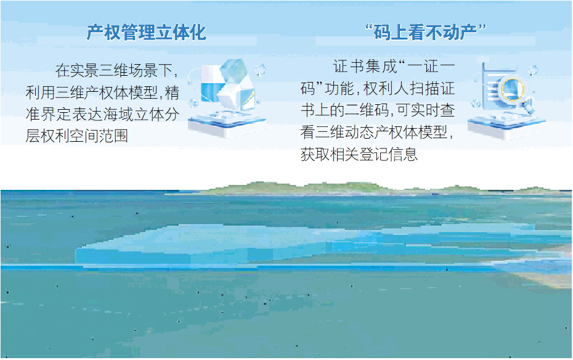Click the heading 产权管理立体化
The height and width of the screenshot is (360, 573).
click(146, 33)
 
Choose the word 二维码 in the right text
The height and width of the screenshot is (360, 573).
click(368, 110)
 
